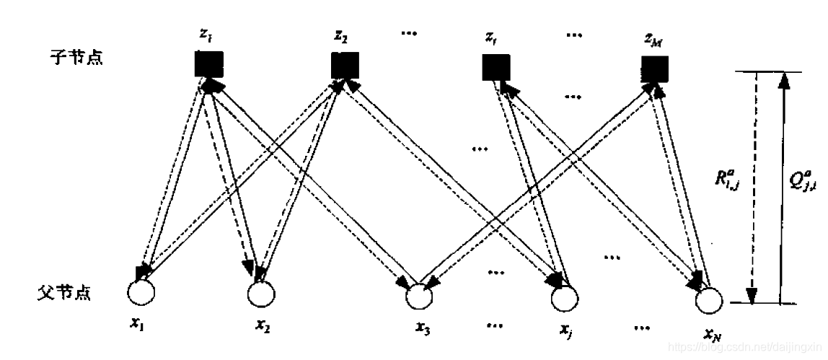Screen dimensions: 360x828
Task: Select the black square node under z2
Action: coord(344,65)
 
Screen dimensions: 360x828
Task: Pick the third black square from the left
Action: coord(496,66)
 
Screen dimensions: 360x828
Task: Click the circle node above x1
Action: coord(141,292)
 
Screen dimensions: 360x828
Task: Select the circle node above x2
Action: coord(262,293)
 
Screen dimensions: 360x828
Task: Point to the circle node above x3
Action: coord(418,296)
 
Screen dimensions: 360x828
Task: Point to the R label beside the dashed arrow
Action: coord(726,183)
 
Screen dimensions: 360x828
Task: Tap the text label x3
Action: coord(423,330)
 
